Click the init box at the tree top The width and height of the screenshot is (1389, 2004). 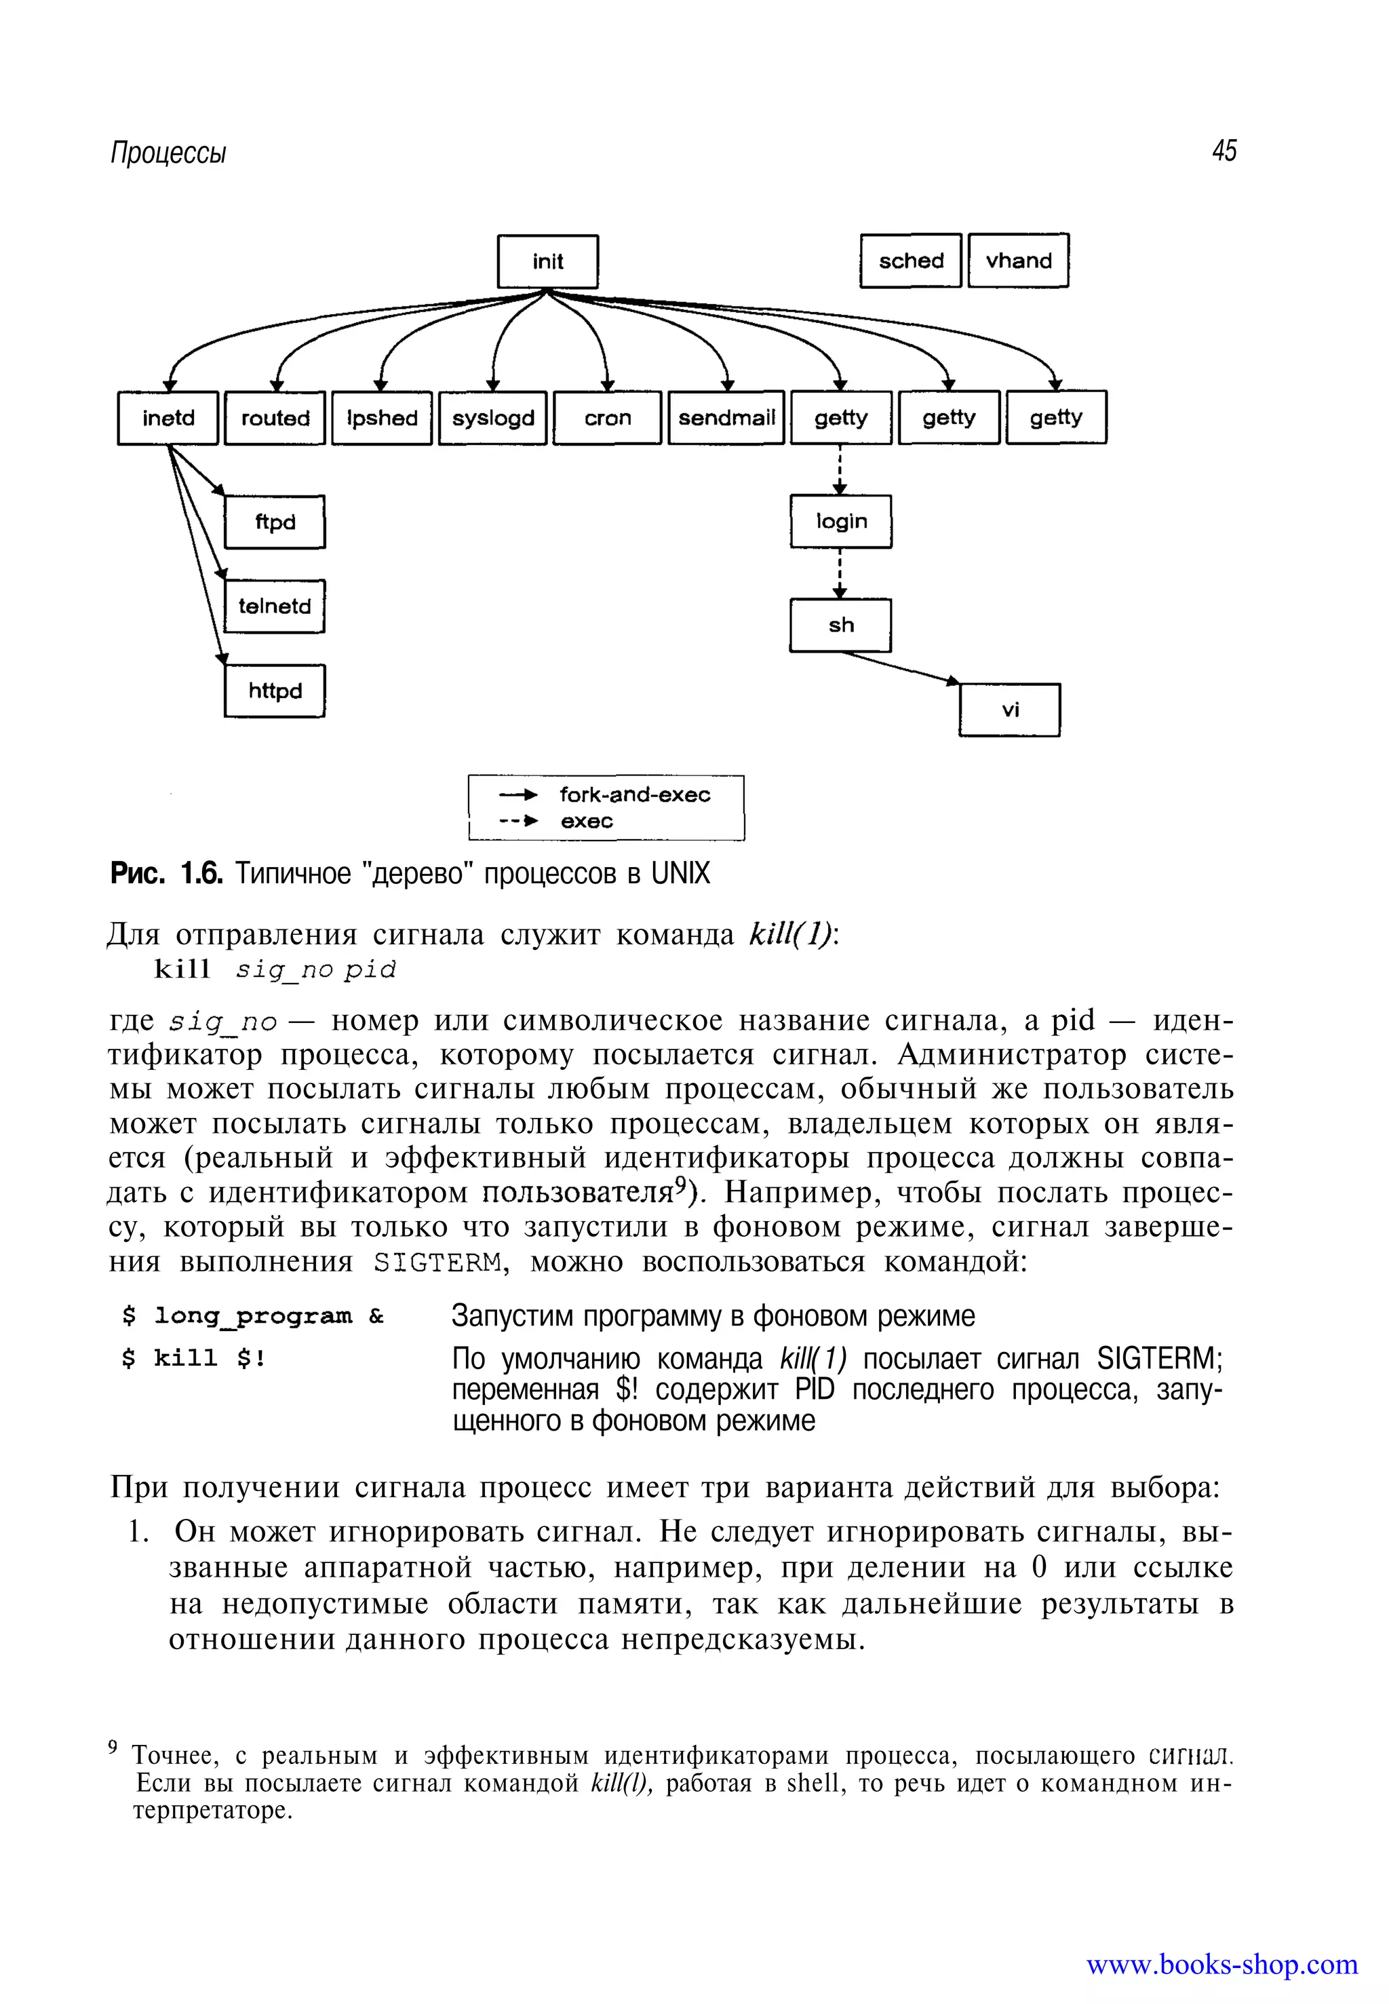[547, 261]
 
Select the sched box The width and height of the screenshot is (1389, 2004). [910, 261]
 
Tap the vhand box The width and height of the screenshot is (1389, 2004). [1018, 261]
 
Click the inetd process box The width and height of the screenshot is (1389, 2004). [168, 418]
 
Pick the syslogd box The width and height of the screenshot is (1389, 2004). [492, 418]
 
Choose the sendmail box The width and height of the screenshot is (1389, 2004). [726, 418]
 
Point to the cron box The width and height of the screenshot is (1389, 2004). [608, 418]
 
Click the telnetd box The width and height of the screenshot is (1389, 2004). [274, 606]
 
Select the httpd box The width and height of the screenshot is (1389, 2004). [274, 691]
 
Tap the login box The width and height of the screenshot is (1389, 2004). [841, 522]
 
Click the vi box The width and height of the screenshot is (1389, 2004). [1010, 710]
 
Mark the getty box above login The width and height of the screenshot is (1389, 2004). [841, 418]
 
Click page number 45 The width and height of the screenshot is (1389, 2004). [1223, 151]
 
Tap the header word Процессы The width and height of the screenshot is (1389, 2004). [168, 153]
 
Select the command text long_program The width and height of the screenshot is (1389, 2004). [253, 1316]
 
